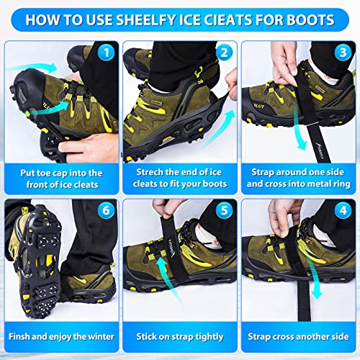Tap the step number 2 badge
pos(224,53)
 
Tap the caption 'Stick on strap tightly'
pos(179,336)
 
